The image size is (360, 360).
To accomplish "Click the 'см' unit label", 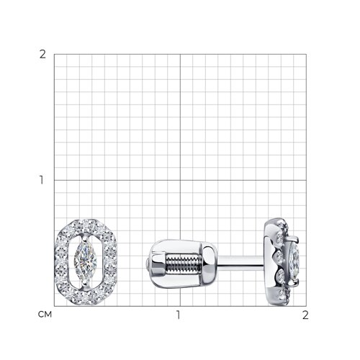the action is (45, 315).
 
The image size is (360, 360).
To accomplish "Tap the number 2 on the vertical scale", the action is (42, 55).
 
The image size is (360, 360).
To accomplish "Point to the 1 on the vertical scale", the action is (42, 180).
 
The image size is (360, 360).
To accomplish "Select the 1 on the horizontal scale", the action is (178, 315).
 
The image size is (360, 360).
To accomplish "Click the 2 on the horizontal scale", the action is (305, 315).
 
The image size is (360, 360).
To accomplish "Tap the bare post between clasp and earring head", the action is (240, 261).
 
